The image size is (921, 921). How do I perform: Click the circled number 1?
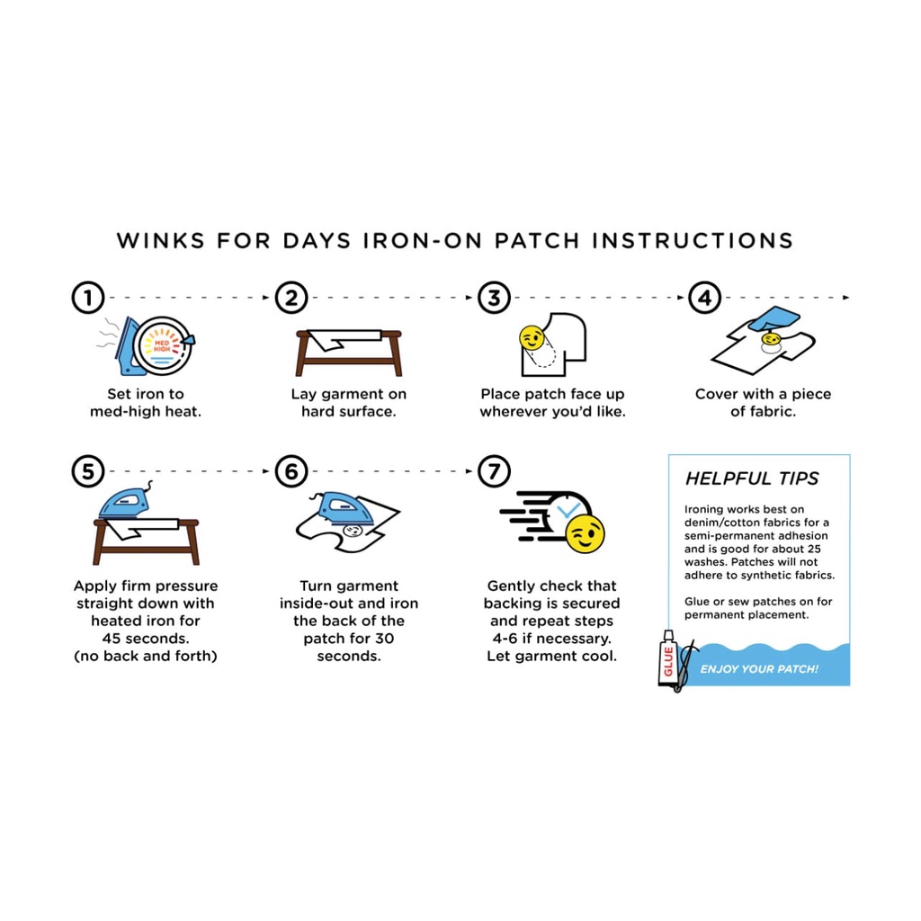[x=88, y=297]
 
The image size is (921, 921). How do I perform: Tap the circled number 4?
[x=704, y=297]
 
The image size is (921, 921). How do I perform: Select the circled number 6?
[x=291, y=471]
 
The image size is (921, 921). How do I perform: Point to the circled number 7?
[x=494, y=471]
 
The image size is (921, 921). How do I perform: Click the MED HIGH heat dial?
[x=163, y=346]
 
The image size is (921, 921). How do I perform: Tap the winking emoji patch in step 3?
[x=532, y=338]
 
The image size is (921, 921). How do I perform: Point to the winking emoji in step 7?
[x=585, y=534]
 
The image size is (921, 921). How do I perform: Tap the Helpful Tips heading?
[x=752, y=478]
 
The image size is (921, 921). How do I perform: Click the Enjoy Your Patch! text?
[x=759, y=669]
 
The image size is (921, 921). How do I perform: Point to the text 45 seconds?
[x=146, y=639]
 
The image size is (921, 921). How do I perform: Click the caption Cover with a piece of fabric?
[x=763, y=402]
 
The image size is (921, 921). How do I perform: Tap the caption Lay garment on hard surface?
[x=349, y=402]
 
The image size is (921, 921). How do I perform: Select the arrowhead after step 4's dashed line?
[x=846, y=297]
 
